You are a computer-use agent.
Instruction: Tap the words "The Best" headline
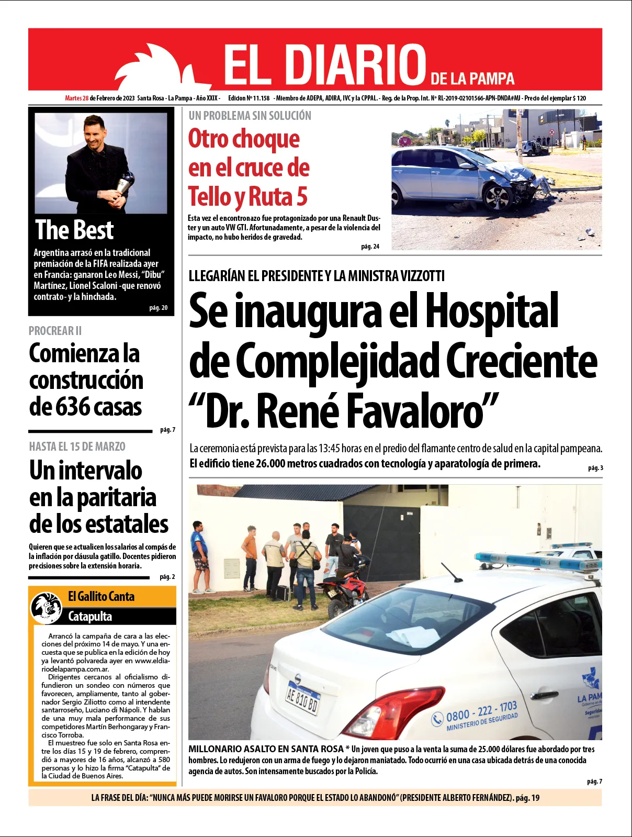[x=74, y=230]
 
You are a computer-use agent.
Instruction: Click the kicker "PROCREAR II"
[x=55, y=331]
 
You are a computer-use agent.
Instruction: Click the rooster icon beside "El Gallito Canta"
[x=46, y=607]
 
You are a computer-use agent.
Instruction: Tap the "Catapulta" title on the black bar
[x=90, y=616]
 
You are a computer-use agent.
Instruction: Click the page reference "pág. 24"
[x=370, y=247]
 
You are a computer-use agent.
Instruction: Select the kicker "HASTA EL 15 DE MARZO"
[x=77, y=447]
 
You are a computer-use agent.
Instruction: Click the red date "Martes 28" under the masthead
[x=76, y=98]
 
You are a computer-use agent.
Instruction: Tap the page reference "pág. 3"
[x=595, y=468]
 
